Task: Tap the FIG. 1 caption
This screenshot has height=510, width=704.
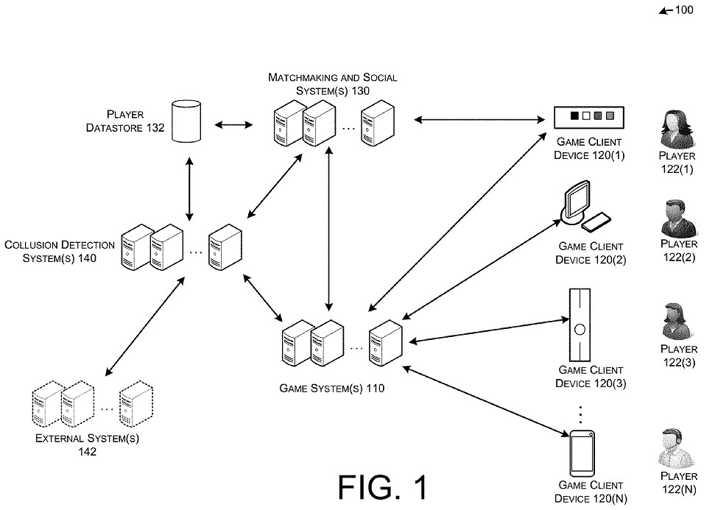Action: tap(382, 487)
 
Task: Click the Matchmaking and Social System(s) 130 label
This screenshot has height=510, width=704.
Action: tap(333, 84)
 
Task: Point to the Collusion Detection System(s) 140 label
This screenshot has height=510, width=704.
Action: tap(60, 252)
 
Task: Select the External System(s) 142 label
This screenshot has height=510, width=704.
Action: tap(87, 445)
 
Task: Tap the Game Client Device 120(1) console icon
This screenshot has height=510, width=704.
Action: tap(588, 116)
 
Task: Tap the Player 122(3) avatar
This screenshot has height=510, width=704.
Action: tap(677, 322)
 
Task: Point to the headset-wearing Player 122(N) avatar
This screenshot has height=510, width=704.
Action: tap(677, 447)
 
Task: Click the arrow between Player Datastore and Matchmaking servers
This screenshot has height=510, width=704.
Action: tap(232, 123)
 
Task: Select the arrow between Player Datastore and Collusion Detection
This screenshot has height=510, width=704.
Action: tap(190, 188)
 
